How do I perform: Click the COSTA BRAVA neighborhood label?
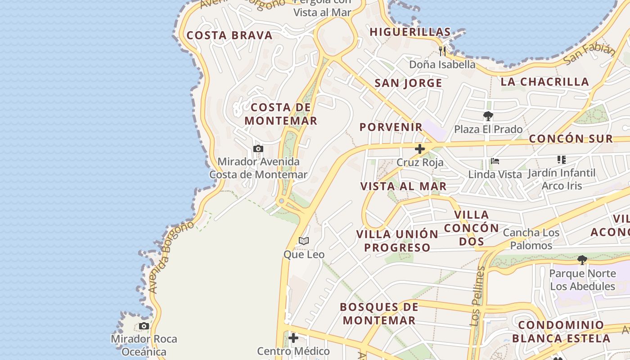(x=229, y=36)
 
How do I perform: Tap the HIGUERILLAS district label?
(x=410, y=32)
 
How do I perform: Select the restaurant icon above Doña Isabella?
(x=442, y=50)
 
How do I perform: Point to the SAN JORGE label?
(x=408, y=83)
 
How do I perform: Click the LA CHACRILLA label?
(x=544, y=82)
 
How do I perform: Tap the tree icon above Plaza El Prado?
(x=488, y=117)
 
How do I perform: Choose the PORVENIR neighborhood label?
(x=391, y=127)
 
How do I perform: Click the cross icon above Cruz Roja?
(x=420, y=149)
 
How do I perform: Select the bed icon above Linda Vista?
(x=495, y=161)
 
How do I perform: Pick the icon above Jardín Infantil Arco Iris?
(x=561, y=159)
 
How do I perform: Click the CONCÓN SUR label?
(x=571, y=139)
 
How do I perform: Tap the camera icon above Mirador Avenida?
(x=258, y=148)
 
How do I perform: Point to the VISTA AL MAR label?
(x=403, y=186)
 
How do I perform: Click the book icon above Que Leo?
(x=304, y=241)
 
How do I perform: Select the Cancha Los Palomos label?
(x=531, y=239)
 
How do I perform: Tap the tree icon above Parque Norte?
(x=582, y=260)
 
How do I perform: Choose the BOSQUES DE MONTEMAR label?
(x=378, y=314)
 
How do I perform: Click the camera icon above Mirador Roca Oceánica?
(x=144, y=326)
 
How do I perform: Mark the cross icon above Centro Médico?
(x=293, y=337)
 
